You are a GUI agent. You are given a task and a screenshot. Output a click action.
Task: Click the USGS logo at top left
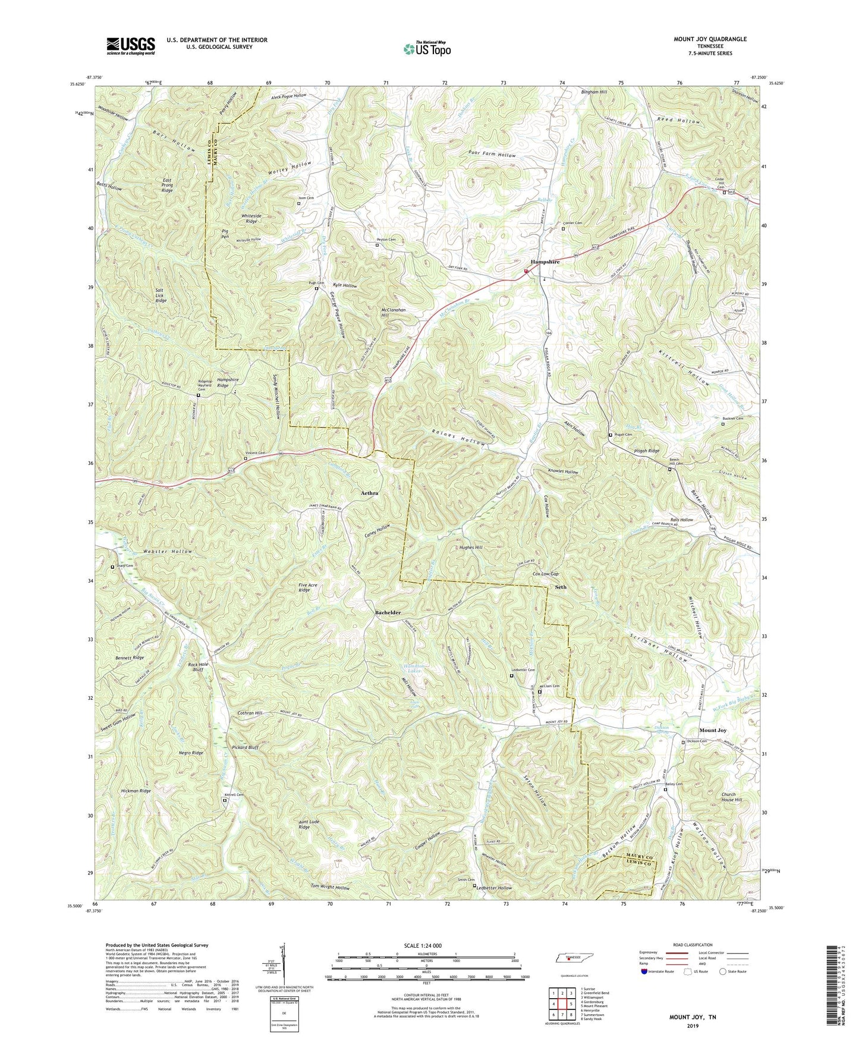pyautogui.click(x=131, y=45)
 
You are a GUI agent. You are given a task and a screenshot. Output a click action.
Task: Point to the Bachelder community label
pyautogui.click(x=388, y=612)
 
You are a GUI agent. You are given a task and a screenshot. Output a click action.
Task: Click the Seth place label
pyautogui.click(x=560, y=587)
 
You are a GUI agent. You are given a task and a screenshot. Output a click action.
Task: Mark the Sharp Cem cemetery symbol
pyautogui.click(x=112, y=567)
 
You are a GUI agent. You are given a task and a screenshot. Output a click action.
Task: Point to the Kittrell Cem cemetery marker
pyautogui.click(x=225, y=800)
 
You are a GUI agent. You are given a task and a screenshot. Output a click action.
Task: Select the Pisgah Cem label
pyautogui.click(x=622, y=435)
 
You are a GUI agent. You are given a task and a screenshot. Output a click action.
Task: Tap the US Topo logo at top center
pyautogui.click(x=426, y=49)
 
